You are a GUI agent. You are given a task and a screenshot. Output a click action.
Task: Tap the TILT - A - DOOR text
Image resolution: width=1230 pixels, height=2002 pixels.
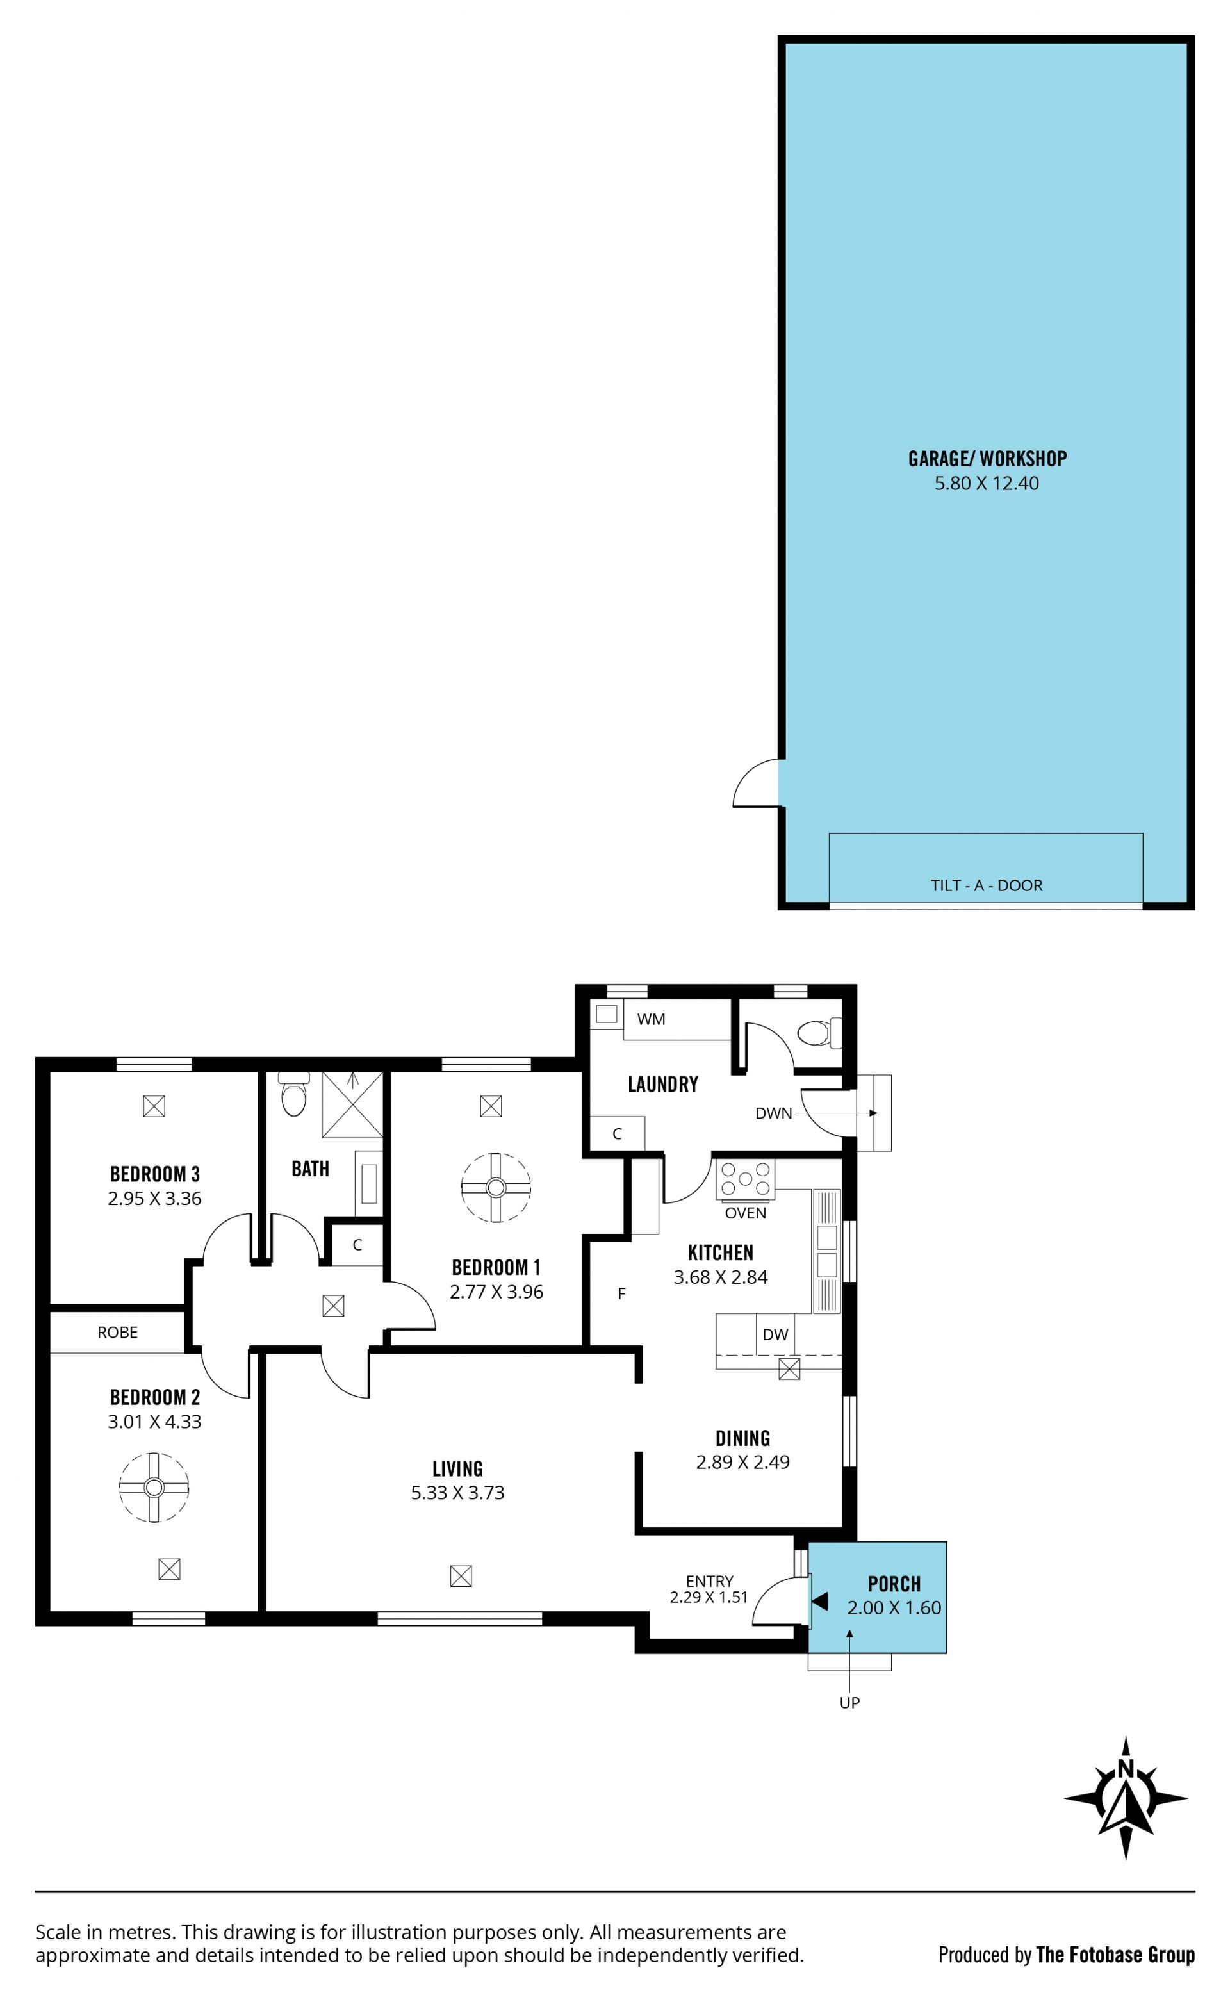pos(986,885)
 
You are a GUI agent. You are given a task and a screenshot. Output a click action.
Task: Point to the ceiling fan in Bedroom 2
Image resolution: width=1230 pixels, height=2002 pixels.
pos(154,1487)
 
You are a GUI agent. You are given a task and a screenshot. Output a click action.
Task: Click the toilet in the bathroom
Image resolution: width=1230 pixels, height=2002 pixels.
pos(293,1094)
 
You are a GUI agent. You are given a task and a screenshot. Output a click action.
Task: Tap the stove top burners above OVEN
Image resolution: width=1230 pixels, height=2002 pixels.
pos(745,1179)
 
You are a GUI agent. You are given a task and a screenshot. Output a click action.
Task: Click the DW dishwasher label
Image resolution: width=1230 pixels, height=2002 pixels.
pos(775,1334)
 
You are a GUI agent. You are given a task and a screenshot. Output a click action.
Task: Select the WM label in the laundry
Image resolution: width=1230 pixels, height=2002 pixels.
pos(651,1019)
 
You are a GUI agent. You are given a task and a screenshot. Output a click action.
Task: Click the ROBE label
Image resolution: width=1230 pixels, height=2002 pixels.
pos(117,1332)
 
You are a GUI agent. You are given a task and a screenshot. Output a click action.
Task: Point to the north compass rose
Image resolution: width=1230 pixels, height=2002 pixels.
pos(1126,1798)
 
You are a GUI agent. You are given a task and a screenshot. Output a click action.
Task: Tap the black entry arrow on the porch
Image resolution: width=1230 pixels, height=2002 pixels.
pos(820,1601)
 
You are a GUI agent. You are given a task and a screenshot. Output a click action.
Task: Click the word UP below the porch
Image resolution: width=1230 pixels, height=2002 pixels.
pos(849,1703)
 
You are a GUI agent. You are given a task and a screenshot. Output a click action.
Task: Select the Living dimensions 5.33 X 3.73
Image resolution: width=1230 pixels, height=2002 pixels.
pos(457,1492)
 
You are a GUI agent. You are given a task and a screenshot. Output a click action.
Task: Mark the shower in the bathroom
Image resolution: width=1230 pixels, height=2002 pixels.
pos(352,1104)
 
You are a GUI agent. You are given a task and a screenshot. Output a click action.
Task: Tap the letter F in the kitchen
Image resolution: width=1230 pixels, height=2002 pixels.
pos(621,1293)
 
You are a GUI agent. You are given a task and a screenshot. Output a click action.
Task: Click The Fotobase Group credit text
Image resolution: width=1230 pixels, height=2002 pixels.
pos(1115,1955)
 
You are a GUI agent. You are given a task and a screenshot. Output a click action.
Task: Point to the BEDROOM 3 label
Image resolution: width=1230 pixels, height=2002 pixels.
pos(154,1174)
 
